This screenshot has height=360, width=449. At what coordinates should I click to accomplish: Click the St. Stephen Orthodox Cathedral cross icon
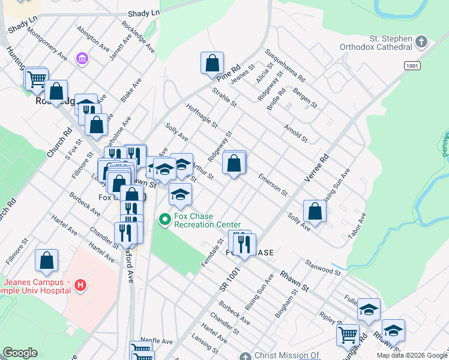[422, 42]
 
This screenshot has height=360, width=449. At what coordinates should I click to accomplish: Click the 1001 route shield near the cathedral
[411, 65]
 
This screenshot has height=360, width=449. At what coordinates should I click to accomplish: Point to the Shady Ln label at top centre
[144, 12]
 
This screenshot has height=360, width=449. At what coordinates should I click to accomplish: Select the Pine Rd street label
[229, 76]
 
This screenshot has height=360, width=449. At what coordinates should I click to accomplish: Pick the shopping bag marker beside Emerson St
[235, 163]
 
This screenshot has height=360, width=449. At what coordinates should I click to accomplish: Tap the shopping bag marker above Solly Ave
[315, 211]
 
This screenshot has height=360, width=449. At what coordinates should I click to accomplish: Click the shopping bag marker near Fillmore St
[46, 260]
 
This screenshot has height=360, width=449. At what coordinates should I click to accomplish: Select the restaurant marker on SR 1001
[244, 244]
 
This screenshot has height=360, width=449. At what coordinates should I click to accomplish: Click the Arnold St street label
[296, 134]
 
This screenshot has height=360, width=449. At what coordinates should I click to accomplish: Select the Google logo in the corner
[19, 353]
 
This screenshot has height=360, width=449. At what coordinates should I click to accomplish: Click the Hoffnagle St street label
[202, 116]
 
